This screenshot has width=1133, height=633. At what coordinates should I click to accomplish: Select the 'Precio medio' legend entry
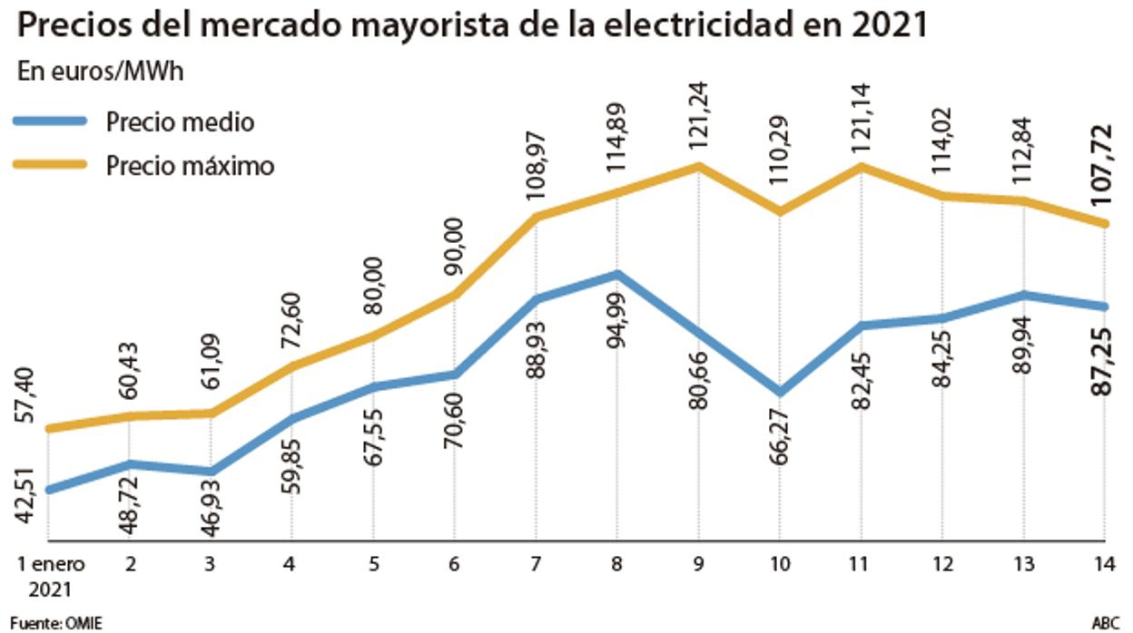tap(180, 122)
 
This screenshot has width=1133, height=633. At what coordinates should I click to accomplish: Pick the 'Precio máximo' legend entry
tap(189, 166)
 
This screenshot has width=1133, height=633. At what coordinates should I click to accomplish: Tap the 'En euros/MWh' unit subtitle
tap(101, 72)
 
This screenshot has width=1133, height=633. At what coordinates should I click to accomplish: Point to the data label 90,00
tap(454, 246)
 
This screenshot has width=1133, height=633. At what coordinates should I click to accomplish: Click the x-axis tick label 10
tap(779, 564)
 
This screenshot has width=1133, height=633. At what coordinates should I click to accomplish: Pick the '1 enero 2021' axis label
tap(52, 575)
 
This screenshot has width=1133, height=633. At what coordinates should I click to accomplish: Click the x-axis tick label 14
tap(1105, 564)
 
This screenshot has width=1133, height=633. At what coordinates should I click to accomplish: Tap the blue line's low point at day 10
tap(779, 393)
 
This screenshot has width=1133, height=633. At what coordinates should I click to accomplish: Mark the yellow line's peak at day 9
tap(698, 166)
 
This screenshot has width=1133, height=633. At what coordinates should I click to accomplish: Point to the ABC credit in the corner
tap(1105, 623)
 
